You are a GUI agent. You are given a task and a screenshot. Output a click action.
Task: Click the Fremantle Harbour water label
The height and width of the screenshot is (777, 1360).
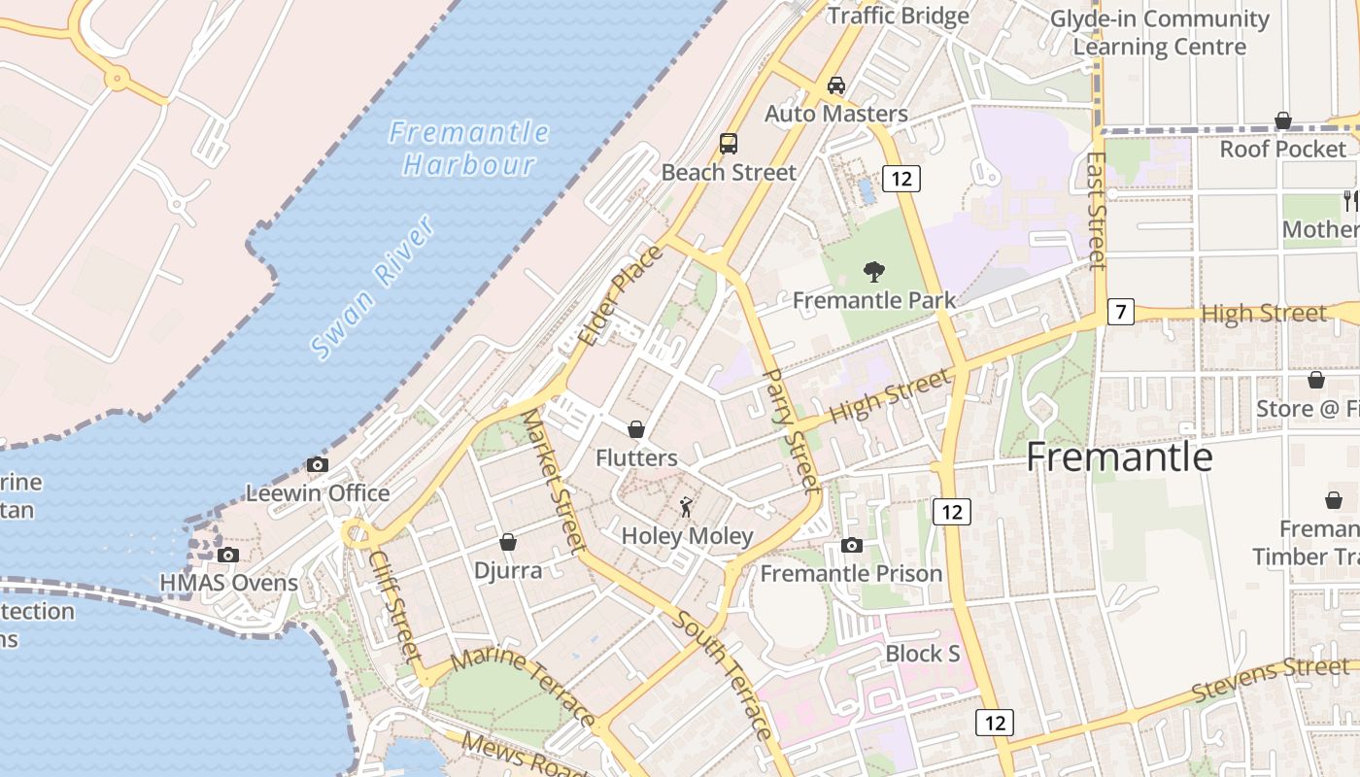pos(470,148)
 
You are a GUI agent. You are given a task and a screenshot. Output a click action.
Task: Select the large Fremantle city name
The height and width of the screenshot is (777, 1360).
pos(1119,456)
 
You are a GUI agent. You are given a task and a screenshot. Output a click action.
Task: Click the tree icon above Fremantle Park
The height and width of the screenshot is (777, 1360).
pos(874,272)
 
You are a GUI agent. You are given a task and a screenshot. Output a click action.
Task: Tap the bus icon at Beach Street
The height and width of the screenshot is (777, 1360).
pos(729,144)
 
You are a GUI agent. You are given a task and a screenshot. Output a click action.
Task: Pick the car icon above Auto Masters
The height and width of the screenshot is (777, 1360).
pos(836,85)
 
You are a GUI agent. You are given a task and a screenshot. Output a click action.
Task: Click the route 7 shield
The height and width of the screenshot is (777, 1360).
pos(1121,312)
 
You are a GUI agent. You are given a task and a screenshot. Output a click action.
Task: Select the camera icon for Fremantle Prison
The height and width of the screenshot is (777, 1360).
pos(852,545)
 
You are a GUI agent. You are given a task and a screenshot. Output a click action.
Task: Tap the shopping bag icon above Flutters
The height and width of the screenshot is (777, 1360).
pos(636,428)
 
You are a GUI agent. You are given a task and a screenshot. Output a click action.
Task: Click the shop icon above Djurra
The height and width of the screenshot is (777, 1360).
pos(508,541)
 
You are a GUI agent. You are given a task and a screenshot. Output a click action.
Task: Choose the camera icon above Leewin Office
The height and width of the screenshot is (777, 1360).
pos(318,464)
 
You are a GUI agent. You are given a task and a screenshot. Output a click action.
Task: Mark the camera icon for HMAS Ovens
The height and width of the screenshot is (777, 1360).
pos(228,555)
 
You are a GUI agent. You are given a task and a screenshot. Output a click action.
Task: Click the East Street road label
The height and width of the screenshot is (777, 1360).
pos(1097,210)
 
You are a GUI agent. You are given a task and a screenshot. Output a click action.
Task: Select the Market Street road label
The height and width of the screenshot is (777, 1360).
pos(551,480)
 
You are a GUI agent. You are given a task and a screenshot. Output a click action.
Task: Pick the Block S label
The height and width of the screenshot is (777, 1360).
pos(922,654)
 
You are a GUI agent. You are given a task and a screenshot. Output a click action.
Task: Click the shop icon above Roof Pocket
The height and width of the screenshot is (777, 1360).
pos(1283,120)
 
